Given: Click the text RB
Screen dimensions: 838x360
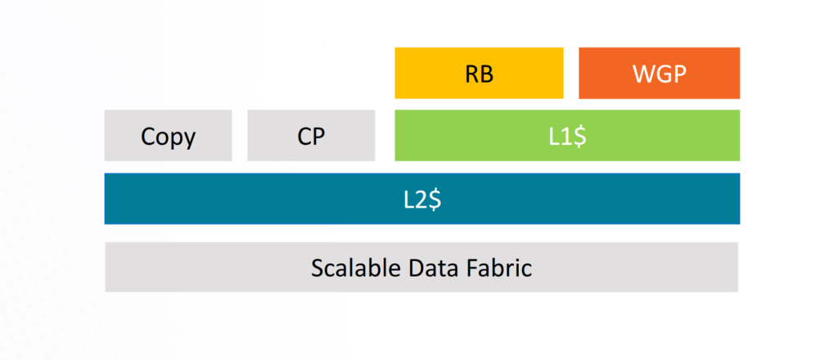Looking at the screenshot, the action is [x=480, y=73].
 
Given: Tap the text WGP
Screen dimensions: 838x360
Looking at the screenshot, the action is [x=659, y=73].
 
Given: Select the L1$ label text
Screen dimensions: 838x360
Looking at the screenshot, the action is [x=566, y=136].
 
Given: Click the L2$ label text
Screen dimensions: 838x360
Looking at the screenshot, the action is [x=422, y=199].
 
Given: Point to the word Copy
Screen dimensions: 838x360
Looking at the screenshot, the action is [x=169, y=136].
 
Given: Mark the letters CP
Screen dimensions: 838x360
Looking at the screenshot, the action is [x=311, y=136].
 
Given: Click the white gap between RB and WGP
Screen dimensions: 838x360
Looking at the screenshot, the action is [x=571, y=72].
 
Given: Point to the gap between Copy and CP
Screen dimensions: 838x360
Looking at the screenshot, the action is [x=240, y=135].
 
